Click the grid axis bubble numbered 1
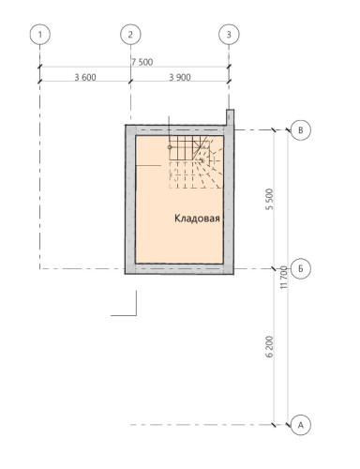pos(39,35)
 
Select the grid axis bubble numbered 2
pos(130,35)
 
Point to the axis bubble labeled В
pos(300,130)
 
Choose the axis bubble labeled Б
pos(300,267)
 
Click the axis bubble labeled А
pos(300,424)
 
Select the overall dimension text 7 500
pos(142,62)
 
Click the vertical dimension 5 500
pos(269,199)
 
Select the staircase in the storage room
pos(195,159)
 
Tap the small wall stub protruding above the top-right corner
pos(229,117)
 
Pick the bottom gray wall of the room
pos(180,271)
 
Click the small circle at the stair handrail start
pos(170,147)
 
